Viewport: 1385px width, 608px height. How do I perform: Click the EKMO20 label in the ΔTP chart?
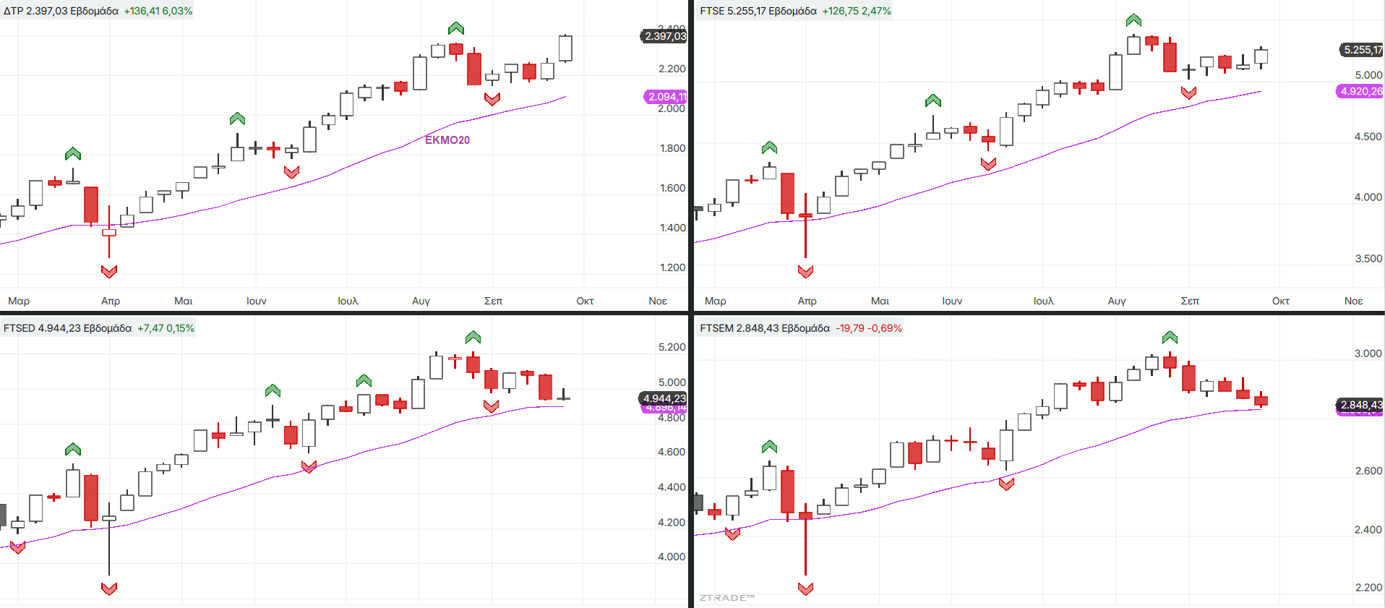(447, 140)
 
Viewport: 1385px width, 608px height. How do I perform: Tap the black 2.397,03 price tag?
(664, 36)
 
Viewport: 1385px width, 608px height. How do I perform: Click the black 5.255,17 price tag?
(1362, 50)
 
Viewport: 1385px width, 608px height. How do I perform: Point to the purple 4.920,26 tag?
(1360, 91)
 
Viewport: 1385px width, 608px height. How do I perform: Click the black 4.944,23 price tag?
(664, 398)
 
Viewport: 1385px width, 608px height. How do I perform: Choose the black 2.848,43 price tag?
(1360, 405)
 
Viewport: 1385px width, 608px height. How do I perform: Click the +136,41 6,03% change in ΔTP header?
(158, 11)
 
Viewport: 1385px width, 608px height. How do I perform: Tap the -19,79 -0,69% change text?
(868, 328)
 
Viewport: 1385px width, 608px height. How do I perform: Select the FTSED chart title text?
(67, 328)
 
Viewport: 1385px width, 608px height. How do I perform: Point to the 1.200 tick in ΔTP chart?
(672, 267)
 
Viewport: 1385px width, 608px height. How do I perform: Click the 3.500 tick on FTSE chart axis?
(1368, 259)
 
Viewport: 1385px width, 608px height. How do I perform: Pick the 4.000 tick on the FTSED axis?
(672, 557)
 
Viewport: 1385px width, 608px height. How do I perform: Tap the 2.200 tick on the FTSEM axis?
(1368, 588)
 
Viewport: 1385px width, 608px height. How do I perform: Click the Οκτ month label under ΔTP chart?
(585, 301)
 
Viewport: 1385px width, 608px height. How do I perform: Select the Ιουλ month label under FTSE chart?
(1043, 301)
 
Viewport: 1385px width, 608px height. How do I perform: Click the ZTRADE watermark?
(726, 598)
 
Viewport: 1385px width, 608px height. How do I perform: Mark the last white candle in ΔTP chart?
(565, 48)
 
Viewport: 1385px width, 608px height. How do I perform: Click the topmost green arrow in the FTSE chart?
(1133, 20)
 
